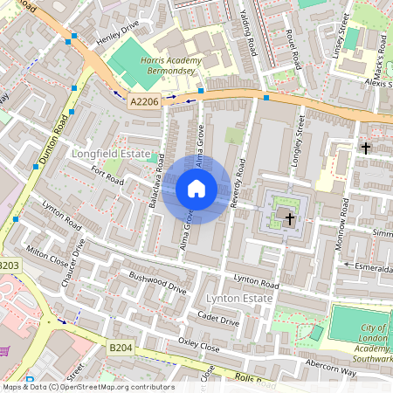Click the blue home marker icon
tap(196, 189)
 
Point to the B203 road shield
tap(8, 265)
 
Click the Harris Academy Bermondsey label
tap(170, 65)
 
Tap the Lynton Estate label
tap(236, 299)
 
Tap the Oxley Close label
tap(198, 344)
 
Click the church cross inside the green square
tap(289, 217)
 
